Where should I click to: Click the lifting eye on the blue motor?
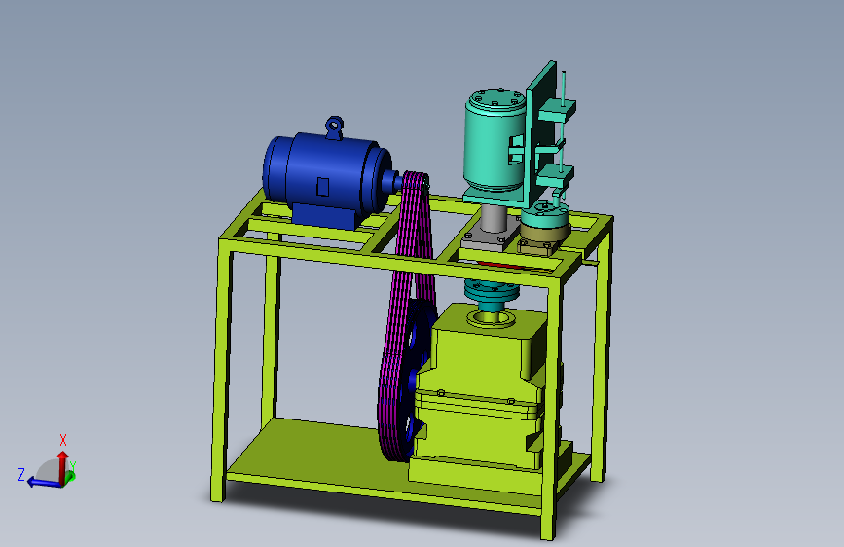[x=334, y=125]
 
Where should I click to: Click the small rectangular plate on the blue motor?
[x=323, y=186]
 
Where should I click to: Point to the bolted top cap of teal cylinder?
[x=495, y=100]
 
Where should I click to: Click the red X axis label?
[x=63, y=439]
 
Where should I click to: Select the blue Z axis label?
[x=20, y=474]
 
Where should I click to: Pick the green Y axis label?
[x=73, y=465]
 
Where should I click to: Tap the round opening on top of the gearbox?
[x=488, y=317]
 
